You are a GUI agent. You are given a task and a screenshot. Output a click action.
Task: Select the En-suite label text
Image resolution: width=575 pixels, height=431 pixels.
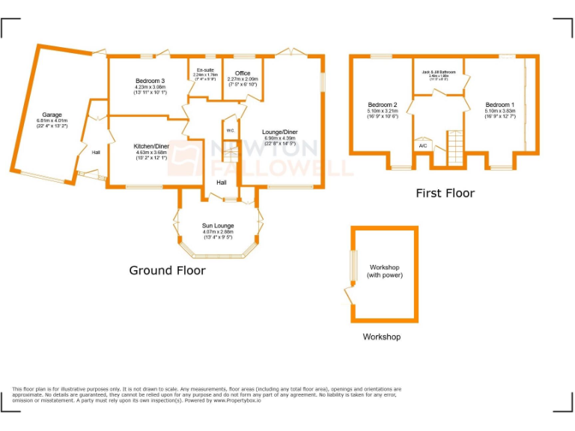pyautogui.click(x=204, y=70)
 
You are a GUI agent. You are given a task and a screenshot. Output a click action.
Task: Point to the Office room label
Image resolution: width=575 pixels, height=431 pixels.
pyautogui.click(x=242, y=73)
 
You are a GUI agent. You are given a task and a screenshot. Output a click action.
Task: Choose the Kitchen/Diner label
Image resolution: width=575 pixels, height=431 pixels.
pyautogui.click(x=150, y=146)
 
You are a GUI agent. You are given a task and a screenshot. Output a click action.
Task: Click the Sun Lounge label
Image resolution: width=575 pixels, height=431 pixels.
pyautogui.click(x=218, y=225)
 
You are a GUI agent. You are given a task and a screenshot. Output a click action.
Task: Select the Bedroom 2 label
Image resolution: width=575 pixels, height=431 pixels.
pyautogui.click(x=382, y=105)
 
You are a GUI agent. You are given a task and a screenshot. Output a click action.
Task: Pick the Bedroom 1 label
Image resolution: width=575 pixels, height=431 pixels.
pyautogui.click(x=499, y=105)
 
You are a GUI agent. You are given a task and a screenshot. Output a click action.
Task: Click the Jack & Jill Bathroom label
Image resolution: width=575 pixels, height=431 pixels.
pyautogui.click(x=438, y=72)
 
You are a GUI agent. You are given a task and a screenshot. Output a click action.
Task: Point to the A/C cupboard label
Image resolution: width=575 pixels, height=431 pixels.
pyautogui.click(x=423, y=145)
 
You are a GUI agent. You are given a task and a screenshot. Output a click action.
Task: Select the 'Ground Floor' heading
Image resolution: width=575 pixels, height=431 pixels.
pyautogui.click(x=167, y=270)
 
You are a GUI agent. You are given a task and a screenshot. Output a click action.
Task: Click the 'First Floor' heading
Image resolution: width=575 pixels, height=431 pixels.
pyautogui.click(x=445, y=193)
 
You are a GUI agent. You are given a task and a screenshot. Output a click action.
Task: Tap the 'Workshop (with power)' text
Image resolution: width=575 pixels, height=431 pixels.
pyautogui.click(x=384, y=271)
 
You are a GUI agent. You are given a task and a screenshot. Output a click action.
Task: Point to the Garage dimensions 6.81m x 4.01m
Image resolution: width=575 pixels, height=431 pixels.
pyautogui.click(x=52, y=120)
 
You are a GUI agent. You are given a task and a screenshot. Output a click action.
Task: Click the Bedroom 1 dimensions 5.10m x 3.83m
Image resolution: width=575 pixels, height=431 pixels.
pyautogui.click(x=499, y=111)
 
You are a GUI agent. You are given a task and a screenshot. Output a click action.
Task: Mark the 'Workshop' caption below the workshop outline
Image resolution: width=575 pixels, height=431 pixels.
pyautogui.click(x=381, y=337)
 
